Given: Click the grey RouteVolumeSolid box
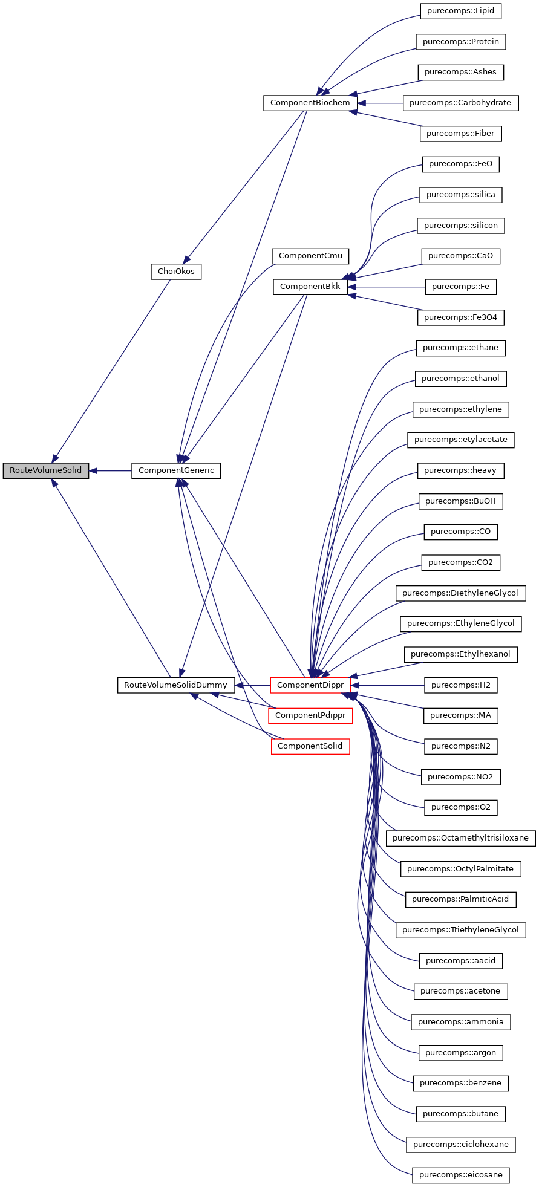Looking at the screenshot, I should tap(45, 470).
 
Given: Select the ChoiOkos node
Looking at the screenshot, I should tap(175, 272).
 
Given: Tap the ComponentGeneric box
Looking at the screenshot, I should tap(176, 470).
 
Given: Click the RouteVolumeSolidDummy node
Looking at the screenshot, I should tap(175, 685).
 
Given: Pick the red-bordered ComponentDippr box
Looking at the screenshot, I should tap(310, 685).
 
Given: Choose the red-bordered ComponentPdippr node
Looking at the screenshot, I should tap(310, 715).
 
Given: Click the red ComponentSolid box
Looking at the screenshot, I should tap(310, 746).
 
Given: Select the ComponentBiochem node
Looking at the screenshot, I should tap(310, 103).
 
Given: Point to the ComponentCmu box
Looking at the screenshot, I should tap(310, 256).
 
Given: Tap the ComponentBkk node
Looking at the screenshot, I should tap(310, 287).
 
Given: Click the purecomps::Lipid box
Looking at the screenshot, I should tap(460, 11).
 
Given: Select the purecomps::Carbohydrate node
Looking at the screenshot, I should tap(460, 103).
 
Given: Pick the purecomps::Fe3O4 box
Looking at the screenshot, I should tap(460, 317).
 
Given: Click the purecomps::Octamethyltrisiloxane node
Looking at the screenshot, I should tap(460, 838).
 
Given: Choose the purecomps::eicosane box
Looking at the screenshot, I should tap(460, 1175).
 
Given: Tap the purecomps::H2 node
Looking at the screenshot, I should tap(460, 685).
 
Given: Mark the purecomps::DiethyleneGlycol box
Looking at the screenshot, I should tap(460, 593).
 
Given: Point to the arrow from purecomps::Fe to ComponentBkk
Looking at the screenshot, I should tap(387, 287).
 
